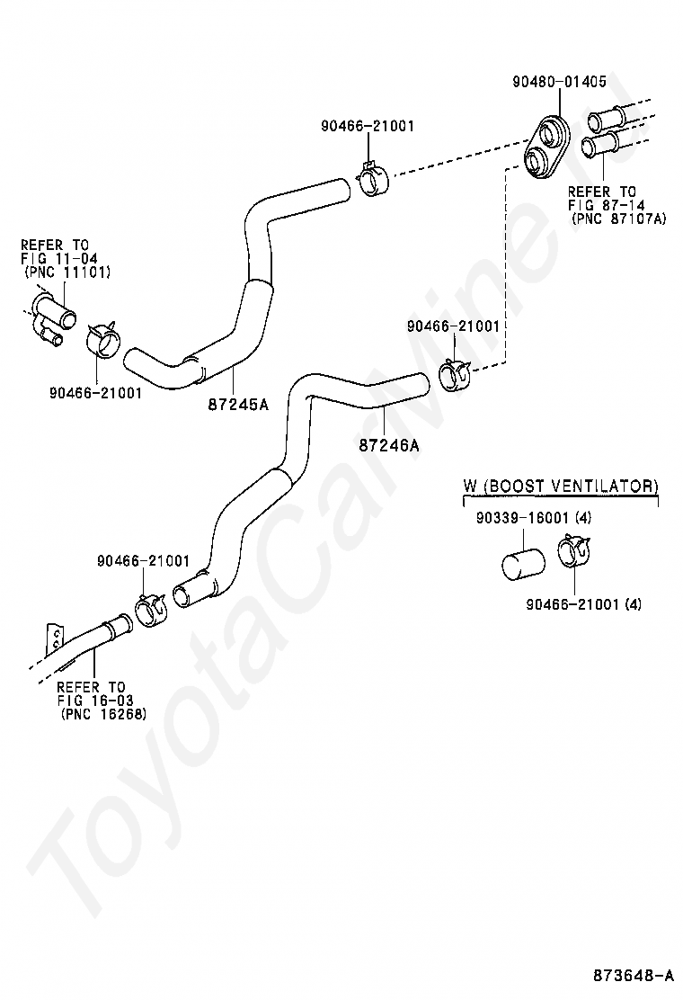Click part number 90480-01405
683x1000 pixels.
tap(559, 82)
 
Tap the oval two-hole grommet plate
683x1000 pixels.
tap(547, 146)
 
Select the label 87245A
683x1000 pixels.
tap(238, 404)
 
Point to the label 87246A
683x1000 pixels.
tap(388, 445)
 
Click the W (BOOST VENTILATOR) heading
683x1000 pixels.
tap(560, 486)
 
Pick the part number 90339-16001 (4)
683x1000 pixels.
tap(533, 518)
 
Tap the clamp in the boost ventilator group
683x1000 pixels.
tap(574, 550)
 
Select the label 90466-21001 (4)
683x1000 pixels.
tap(583, 603)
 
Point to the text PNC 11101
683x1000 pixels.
tap(67, 272)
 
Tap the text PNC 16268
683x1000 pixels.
tap(103, 714)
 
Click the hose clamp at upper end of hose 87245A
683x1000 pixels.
tap(373, 179)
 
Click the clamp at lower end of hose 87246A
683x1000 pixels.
tap(151, 611)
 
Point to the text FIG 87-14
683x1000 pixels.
tap(606, 205)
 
